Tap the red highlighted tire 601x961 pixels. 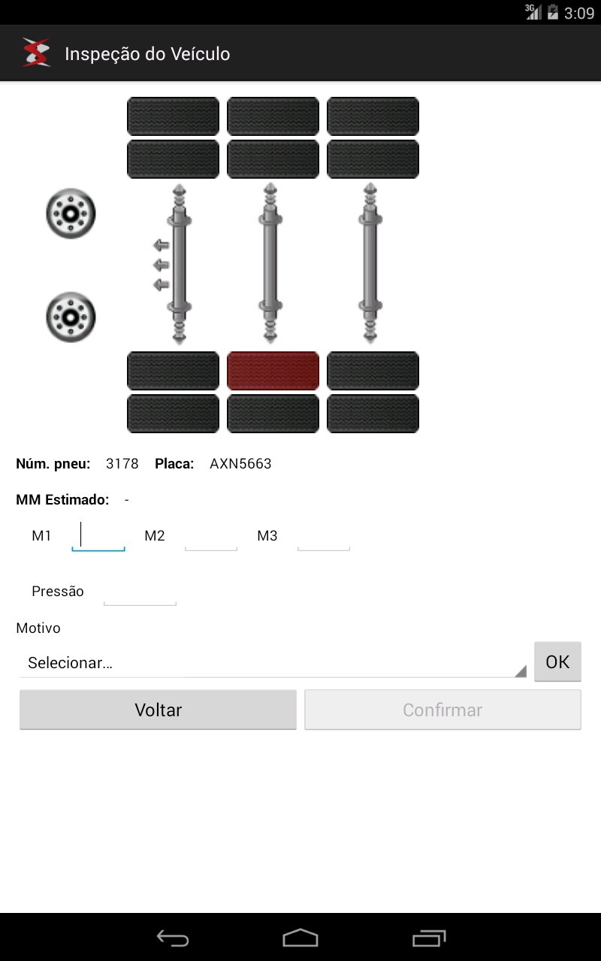(273, 371)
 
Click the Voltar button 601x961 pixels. (158, 709)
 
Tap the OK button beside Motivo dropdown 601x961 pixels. (557, 661)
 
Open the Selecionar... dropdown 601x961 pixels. (273, 663)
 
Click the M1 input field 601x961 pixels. (98, 536)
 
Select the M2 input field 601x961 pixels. (211, 536)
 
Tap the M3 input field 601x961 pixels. (324, 536)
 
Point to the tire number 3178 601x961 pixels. (122, 464)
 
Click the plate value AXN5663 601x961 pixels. (240, 464)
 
